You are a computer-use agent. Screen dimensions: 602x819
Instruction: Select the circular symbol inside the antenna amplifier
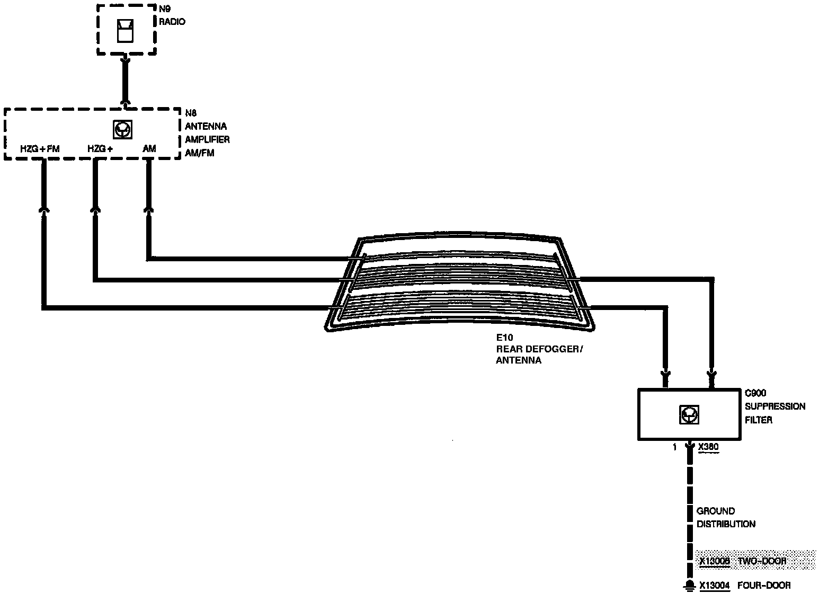123,129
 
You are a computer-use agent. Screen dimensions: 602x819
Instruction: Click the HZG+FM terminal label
40,149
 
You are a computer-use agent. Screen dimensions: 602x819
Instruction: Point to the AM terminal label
149,149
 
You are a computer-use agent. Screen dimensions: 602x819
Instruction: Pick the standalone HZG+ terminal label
100,149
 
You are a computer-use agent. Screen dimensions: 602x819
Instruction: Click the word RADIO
172,22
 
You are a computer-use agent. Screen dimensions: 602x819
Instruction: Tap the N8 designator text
191,113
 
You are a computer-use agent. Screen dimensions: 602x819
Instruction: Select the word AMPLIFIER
207,139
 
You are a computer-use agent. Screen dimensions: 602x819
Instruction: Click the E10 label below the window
504,337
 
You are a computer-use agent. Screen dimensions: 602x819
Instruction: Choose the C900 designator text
755,393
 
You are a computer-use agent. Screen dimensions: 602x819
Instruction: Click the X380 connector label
708,447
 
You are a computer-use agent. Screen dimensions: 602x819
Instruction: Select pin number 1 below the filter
674,447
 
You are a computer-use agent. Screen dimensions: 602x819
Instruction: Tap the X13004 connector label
715,586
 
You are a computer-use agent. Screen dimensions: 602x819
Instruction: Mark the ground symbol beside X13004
689,585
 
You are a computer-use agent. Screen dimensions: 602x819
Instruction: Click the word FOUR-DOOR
764,586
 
